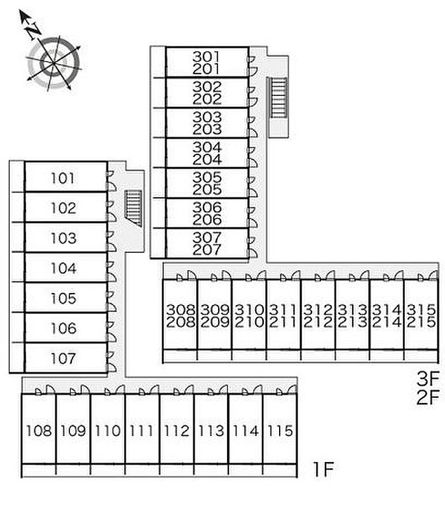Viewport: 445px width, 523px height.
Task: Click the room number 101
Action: tap(63, 178)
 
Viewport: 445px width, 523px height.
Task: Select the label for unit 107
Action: tap(64, 358)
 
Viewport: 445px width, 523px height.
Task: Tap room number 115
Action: tap(280, 431)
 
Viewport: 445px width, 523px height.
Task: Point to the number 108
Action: tap(39, 431)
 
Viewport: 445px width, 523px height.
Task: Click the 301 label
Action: tap(207, 57)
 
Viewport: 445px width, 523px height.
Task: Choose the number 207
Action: tap(207, 250)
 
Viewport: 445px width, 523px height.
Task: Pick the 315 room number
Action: tap(421, 310)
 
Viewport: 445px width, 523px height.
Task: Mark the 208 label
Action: tap(181, 322)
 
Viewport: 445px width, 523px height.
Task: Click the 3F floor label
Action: tap(428, 378)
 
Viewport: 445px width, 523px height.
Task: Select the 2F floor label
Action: tap(428, 397)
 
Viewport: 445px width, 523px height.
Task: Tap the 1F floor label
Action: tap(324, 469)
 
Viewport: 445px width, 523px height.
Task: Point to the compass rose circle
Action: tap(53, 63)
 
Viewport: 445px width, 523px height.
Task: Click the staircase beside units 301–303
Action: tap(278, 97)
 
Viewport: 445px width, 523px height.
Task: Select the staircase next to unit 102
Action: tap(133, 207)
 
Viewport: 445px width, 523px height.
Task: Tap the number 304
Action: tap(207, 147)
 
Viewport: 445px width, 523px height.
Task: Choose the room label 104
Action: tap(64, 268)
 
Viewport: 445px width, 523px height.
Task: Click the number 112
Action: tap(177, 431)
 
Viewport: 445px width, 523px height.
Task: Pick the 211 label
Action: tap(283, 322)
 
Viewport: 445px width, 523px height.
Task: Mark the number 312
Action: tap(318, 310)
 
